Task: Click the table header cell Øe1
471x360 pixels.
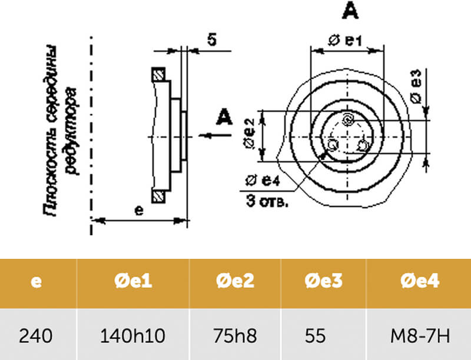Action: click(x=132, y=282)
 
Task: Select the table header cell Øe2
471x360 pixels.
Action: click(x=235, y=282)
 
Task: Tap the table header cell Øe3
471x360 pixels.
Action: click(x=323, y=282)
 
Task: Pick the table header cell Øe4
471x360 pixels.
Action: click(x=419, y=282)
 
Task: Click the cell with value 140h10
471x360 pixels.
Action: click(x=132, y=336)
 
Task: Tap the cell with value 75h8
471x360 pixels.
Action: click(x=235, y=336)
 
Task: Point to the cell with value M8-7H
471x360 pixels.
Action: click(x=419, y=336)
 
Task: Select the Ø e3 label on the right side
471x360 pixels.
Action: click(x=417, y=86)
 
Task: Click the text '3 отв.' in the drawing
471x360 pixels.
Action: click(x=267, y=202)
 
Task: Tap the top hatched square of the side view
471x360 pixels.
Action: click(x=158, y=74)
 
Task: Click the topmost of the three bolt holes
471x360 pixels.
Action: click(x=349, y=119)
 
